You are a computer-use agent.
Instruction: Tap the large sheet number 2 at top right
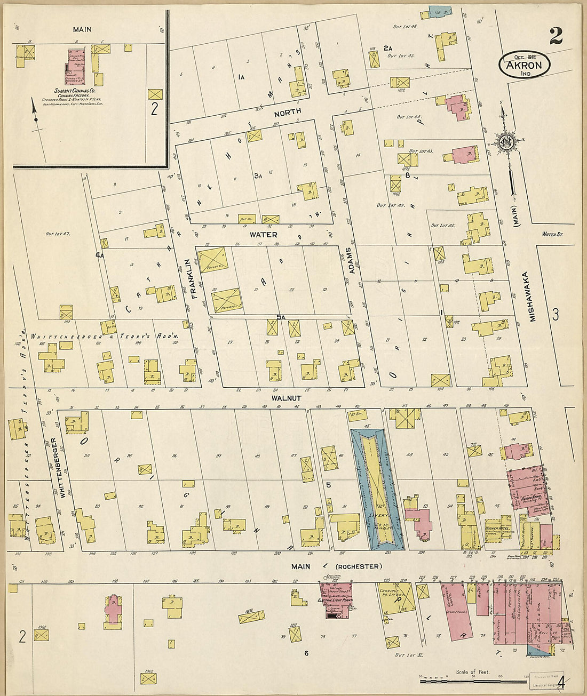(555, 36)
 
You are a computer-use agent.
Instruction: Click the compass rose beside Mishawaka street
(505, 142)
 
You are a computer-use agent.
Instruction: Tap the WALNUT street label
(286, 398)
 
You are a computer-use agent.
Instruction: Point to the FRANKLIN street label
(188, 278)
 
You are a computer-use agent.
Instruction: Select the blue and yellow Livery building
(377, 490)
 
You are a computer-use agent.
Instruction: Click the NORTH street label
(288, 111)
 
